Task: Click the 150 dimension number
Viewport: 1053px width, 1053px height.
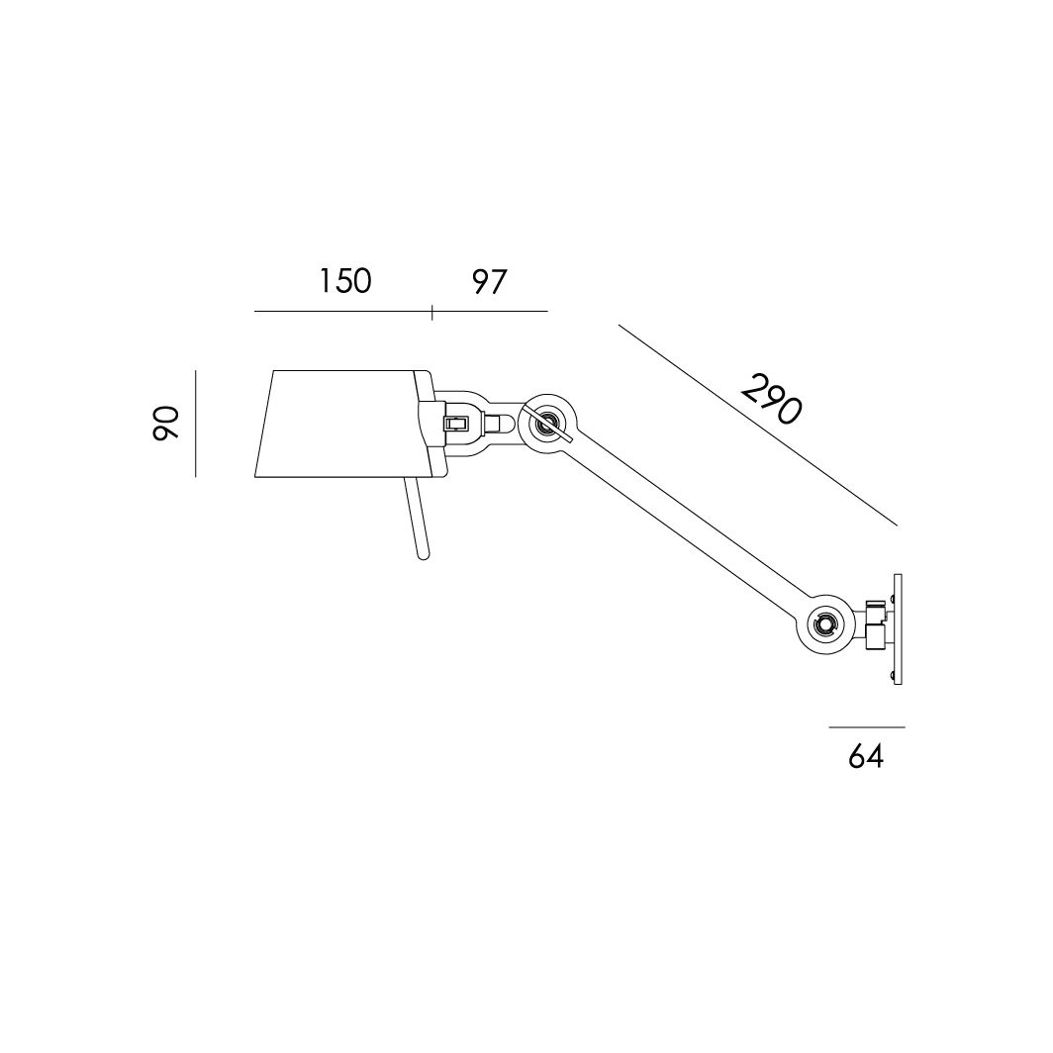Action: [344, 281]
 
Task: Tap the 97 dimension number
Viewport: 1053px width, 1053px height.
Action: [489, 282]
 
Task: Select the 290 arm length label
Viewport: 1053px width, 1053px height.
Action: [772, 399]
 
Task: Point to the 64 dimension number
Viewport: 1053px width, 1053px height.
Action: [866, 757]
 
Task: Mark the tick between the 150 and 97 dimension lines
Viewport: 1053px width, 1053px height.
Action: [431, 312]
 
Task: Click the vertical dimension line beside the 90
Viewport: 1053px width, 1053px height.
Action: [195, 424]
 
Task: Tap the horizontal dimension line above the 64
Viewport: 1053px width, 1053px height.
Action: [867, 726]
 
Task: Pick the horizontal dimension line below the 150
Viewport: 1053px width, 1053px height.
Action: [343, 312]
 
